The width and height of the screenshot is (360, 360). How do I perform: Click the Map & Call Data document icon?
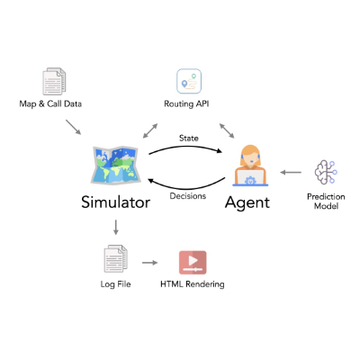tap(54, 81)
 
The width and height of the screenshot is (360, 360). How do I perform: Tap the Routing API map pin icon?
tap(189, 81)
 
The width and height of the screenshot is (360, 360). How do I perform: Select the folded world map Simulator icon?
tap(115, 165)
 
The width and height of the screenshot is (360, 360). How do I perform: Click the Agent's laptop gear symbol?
tap(249, 181)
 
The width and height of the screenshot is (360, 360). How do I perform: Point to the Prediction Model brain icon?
tap(326, 172)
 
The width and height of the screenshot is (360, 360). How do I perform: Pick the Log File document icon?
tap(115, 258)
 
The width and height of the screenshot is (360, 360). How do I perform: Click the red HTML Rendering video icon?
tap(193, 263)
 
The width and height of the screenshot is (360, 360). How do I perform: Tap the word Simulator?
tap(116, 202)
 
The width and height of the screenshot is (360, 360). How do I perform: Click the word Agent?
tap(247, 202)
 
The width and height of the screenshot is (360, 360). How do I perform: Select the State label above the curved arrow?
tap(189, 138)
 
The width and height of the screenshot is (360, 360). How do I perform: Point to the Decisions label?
tap(188, 196)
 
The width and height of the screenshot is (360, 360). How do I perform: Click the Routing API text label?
tap(186, 103)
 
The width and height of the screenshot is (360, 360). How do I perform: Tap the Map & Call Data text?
tap(50, 103)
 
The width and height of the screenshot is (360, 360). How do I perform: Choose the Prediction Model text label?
tap(326, 202)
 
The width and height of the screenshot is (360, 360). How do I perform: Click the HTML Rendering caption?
tap(193, 283)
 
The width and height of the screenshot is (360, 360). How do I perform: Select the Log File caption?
tap(115, 284)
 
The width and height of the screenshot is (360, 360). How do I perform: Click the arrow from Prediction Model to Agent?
tap(291, 172)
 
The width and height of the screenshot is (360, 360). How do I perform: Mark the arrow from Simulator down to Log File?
tap(116, 227)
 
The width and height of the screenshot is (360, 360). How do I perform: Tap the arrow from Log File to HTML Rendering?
tap(150, 263)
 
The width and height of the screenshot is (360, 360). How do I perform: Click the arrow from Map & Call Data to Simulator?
tap(74, 127)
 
